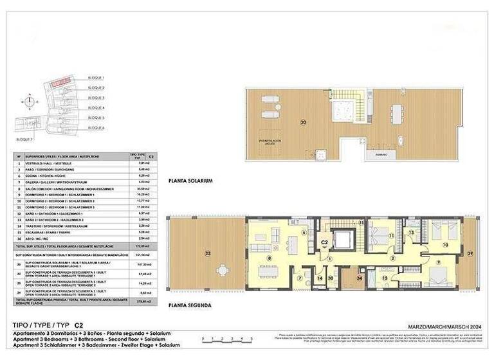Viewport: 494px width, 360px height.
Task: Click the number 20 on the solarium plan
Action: click(303, 122)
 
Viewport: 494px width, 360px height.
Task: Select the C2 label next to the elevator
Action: click(325, 242)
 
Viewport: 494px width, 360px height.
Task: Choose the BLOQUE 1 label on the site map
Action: click(96, 77)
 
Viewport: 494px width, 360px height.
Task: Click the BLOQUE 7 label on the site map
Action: click(24, 138)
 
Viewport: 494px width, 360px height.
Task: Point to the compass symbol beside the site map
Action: click(28, 100)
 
